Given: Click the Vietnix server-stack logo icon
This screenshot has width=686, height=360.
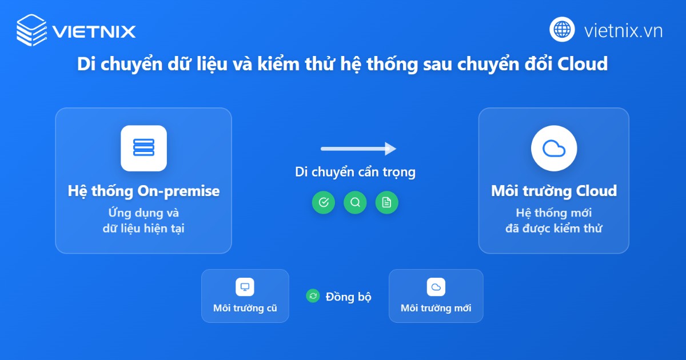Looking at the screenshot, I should tap(31, 30).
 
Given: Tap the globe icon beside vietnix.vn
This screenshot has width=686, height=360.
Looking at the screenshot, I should tap(563, 30).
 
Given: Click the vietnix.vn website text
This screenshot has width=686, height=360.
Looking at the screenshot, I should tap(623, 30).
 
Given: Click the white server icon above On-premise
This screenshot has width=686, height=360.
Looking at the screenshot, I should tap(143, 148).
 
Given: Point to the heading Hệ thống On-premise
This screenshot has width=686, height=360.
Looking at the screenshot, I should tap(143, 191).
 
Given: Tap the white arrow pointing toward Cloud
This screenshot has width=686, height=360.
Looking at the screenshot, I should tap(358, 149).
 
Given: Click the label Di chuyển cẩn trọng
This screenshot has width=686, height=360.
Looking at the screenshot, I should tap(355, 172).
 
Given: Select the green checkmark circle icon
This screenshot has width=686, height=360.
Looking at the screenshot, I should tap(324, 202).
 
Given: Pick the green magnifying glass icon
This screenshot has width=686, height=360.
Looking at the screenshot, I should tap(355, 202).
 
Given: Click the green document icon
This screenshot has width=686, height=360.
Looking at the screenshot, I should tap(386, 202).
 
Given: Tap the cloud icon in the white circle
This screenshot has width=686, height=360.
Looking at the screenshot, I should tap(553, 149).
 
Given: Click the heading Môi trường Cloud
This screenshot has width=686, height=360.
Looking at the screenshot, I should tap(553, 191).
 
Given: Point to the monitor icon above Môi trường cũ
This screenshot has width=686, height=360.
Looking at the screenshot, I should tap(245, 287).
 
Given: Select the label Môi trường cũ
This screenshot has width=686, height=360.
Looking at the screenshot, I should tap(245, 309).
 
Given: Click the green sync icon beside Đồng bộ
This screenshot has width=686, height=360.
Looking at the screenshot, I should tap(313, 296).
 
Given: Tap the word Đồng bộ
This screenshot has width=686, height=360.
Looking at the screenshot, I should tap(348, 297).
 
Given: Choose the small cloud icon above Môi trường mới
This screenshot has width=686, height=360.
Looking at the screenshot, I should tap(436, 287).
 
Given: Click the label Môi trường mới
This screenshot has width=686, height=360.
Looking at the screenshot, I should tap(436, 309).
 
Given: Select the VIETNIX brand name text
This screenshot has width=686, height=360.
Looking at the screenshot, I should tap(94, 31).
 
